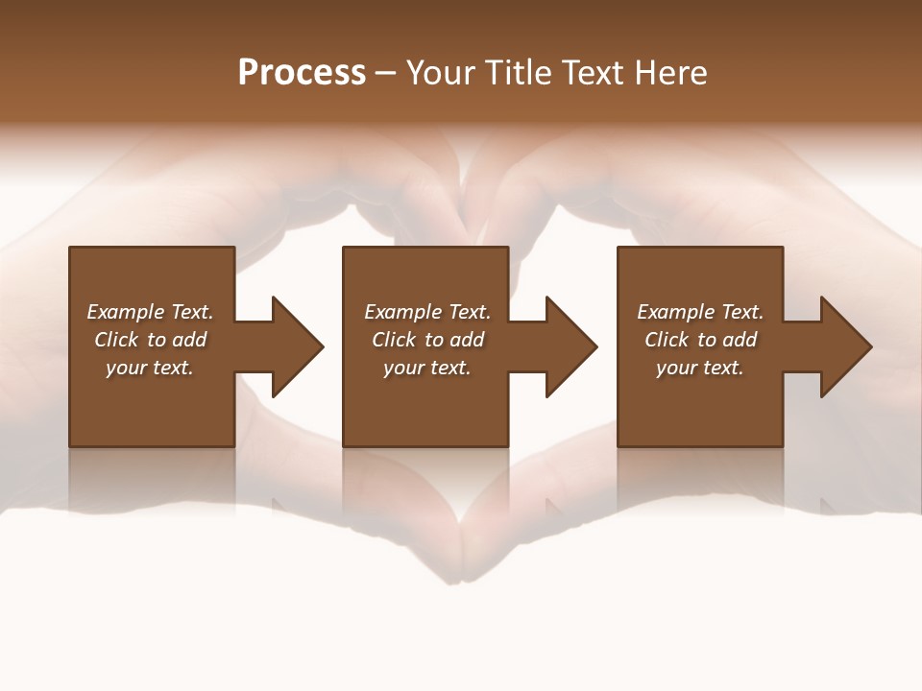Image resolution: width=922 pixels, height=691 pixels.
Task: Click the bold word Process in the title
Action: tap(302, 73)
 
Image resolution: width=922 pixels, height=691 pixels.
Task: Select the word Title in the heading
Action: tap(515, 73)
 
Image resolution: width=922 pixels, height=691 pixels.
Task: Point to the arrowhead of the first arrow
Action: tap(298, 346)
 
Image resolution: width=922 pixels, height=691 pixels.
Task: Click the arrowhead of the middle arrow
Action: tap(571, 346)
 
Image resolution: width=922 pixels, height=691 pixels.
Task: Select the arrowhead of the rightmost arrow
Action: tap(846, 346)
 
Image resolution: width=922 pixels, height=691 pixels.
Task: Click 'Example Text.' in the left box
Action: tap(150, 312)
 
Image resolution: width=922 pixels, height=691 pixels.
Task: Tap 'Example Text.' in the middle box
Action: tap(427, 312)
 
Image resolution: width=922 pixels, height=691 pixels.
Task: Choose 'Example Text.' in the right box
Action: tap(700, 312)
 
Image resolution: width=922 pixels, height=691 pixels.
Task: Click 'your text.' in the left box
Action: tap(150, 368)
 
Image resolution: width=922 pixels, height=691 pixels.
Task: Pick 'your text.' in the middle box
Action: tap(427, 368)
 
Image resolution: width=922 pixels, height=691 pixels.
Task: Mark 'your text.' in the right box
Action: tap(700, 368)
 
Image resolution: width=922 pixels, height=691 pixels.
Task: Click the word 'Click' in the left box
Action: tap(116, 340)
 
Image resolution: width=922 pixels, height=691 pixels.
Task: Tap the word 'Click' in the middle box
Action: tap(394, 340)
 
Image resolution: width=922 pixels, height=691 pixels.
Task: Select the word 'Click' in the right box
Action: tap(667, 340)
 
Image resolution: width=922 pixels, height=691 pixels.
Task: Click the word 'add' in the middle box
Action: tap(466, 340)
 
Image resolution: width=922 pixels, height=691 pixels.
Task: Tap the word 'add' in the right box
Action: tap(739, 340)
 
